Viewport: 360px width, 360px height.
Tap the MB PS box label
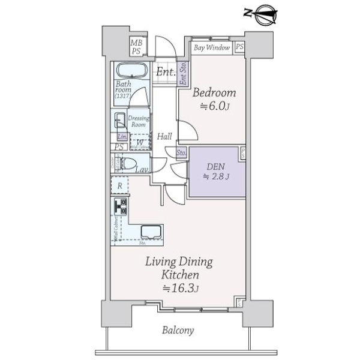click(x=137, y=46)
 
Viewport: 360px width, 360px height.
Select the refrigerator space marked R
click(x=120, y=186)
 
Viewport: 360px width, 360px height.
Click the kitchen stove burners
click(x=120, y=207)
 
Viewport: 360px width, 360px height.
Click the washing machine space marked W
click(x=139, y=142)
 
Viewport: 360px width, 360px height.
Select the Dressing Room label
click(x=139, y=121)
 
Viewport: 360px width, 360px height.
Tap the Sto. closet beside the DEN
click(x=181, y=153)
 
